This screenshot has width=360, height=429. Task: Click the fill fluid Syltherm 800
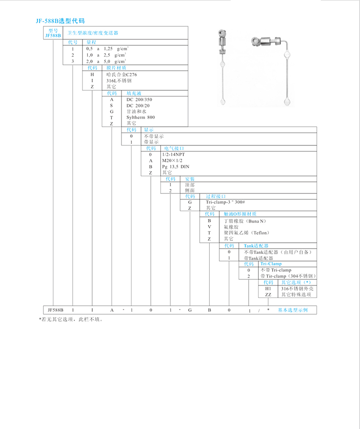point(141,117)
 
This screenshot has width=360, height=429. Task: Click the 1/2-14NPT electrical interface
point(173,154)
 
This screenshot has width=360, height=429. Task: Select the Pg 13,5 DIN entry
point(176,166)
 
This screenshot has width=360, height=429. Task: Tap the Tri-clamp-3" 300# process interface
point(226,202)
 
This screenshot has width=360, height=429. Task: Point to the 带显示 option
point(151,142)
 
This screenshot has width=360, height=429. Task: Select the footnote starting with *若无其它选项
point(71,319)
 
